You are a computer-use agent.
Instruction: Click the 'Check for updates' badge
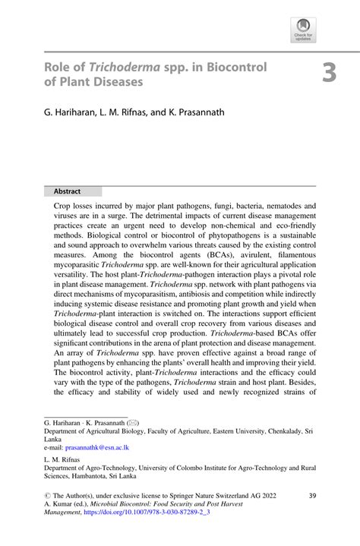[302, 30]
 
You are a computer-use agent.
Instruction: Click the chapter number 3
[328, 73]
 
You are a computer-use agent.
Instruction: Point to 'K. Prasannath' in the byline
[193, 112]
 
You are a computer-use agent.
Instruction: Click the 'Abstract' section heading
[68, 191]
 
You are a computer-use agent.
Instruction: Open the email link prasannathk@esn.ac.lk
[97, 448]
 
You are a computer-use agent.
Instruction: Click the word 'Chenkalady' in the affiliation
[279, 430]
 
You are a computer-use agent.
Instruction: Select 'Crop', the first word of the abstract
[64, 205]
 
